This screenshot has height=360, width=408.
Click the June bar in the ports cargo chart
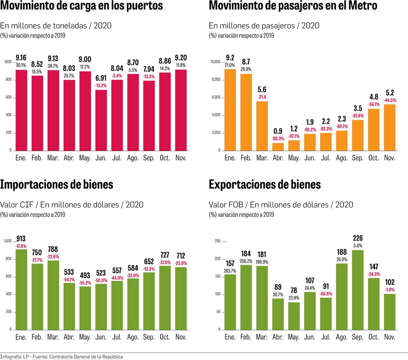101,120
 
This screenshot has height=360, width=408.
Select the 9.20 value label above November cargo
180,58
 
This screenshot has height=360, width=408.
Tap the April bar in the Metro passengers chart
277,146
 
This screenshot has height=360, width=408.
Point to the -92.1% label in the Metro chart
294,136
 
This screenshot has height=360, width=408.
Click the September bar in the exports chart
357,290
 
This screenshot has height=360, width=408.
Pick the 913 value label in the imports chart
21,240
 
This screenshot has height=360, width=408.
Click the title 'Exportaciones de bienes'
265,184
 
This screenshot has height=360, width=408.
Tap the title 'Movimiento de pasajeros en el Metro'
293,6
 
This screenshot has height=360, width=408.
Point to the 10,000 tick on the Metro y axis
215,62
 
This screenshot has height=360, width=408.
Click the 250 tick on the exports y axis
217,241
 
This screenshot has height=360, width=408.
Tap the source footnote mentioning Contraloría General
62,357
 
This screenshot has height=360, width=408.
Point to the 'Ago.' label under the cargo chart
133,158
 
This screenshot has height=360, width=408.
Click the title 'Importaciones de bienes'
57,184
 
